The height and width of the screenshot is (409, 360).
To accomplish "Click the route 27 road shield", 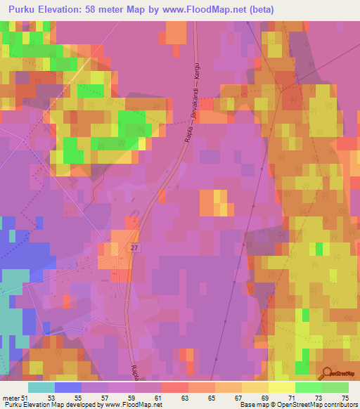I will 134,248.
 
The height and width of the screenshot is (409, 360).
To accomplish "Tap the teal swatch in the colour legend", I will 41,387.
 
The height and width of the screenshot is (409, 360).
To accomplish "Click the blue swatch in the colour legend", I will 68,387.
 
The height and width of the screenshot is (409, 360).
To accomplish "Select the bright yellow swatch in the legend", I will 282,387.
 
